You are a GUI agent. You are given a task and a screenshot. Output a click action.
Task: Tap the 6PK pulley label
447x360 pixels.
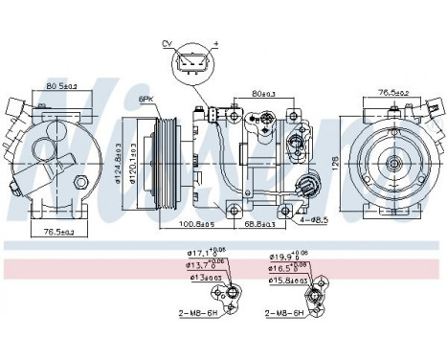pyautogui.click(x=146, y=99)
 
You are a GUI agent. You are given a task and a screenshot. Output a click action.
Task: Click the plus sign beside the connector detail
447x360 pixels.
pyautogui.click(x=216, y=43)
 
